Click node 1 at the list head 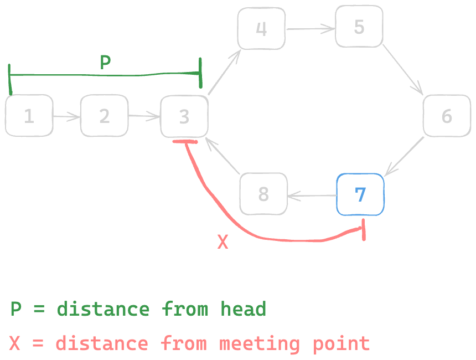coord(29,116)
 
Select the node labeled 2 coord(105,116)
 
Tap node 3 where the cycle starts coord(184,116)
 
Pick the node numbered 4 coord(261,28)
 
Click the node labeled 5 coord(359,27)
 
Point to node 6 coord(447,116)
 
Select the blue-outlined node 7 coord(360,194)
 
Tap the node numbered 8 coord(263,194)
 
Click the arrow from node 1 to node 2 coord(67,116)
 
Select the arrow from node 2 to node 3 coord(144,116)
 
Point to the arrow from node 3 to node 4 coord(225,71)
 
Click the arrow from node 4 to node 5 coord(311,28)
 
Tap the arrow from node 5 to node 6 coord(402,69)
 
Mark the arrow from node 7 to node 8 coord(312,195)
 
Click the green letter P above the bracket coord(105,63)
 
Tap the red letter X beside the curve coord(223,242)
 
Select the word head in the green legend coord(244,309)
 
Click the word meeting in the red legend coord(260,344)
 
